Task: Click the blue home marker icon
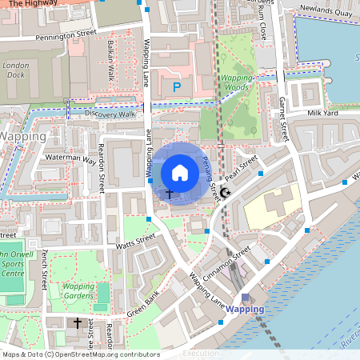pos(180,172)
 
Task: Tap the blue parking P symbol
pos(178,86)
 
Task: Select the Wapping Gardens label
pos(78,290)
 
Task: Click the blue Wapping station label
pos(244,309)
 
